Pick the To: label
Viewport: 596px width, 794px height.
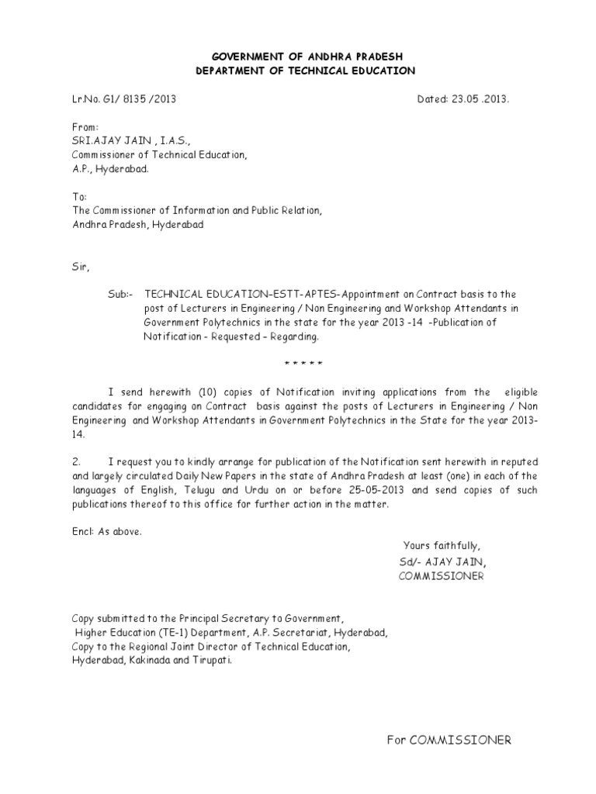pos(80,197)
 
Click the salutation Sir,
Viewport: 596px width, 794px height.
pos(81,268)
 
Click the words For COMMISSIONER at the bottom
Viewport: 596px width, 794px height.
pos(449,740)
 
